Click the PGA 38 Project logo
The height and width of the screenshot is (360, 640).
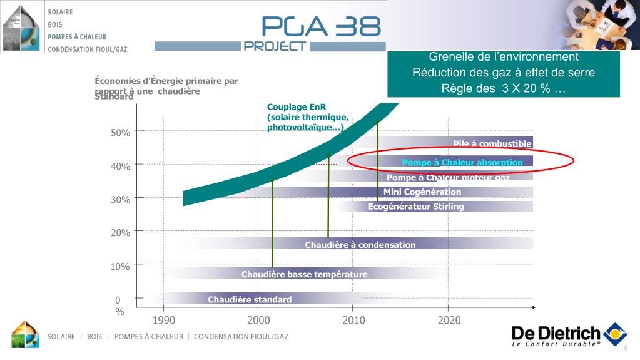(x=321, y=33)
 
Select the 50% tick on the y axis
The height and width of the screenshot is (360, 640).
(x=121, y=133)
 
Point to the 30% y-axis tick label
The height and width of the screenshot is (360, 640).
(x=121, y=200)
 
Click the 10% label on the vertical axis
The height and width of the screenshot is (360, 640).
(x=121, y=266)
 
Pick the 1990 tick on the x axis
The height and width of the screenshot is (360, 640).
(x=163, y=321)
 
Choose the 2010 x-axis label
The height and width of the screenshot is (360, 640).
(x=353, y=321)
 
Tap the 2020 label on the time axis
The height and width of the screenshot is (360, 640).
(x=449, y=321)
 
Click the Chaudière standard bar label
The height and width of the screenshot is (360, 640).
(x=250, y=300)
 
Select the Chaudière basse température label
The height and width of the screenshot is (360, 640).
(x=305, y=274)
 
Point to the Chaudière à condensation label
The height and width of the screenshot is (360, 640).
(x=360, y=245)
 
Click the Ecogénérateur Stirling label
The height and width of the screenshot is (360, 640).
(x=416, y=207)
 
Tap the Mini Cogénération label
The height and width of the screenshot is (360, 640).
(x=422, y=192)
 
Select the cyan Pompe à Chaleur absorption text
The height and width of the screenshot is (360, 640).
(x=462, y=163)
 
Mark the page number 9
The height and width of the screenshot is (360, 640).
(x=625, y=348)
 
